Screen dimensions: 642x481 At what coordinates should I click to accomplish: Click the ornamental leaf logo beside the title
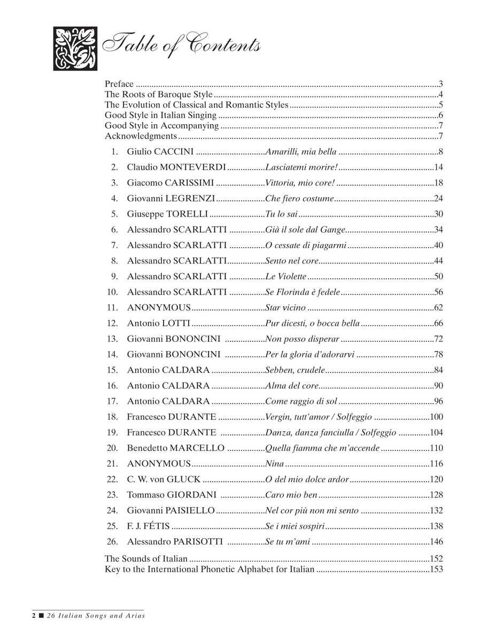(75, 48)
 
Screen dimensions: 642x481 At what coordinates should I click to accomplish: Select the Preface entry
(119, 84)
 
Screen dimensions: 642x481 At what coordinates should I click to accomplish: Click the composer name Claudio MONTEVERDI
(176, 167)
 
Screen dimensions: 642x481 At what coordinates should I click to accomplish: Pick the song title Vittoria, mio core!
(300, 183)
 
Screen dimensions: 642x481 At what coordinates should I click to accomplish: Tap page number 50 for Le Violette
(439, 277)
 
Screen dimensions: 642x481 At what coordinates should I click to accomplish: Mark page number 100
(437, 417)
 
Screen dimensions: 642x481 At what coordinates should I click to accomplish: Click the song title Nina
(274, 463)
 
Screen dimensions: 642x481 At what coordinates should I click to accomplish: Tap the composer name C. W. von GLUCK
(164, 479)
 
